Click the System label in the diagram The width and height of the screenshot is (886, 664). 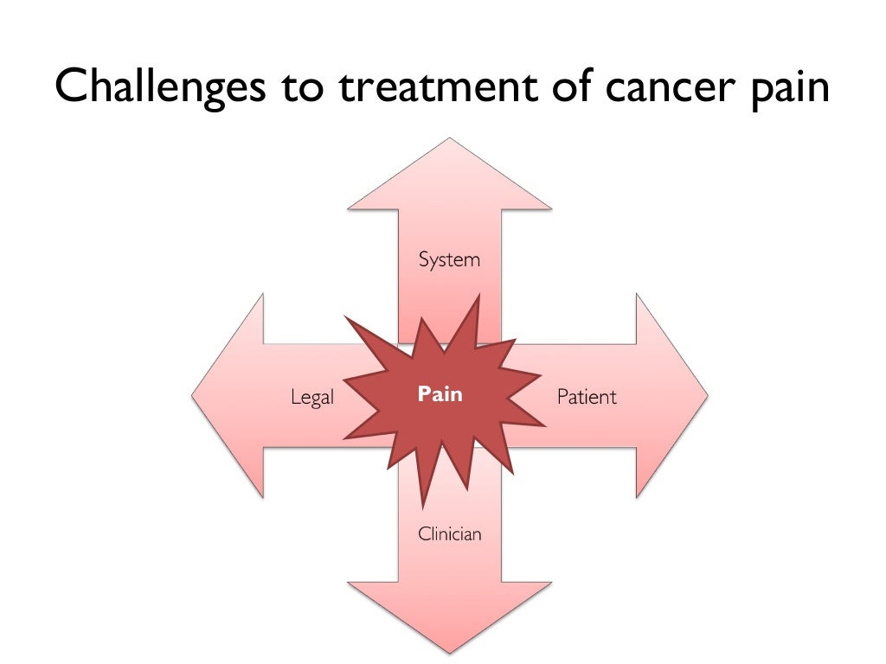click(449, 259)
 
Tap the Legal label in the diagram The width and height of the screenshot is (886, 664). click(311, 399)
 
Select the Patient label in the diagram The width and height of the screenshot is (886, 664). click(587, 397)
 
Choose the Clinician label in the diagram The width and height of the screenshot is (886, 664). click(449, 534)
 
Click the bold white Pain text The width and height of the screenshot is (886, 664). click(440, 394)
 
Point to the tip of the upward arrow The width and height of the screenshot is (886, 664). click(449, 140)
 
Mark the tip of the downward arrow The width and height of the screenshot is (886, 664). click(449, 651)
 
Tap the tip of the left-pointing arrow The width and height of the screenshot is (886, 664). click(193, 395)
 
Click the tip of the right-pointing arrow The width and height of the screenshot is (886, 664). click(707, 395)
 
